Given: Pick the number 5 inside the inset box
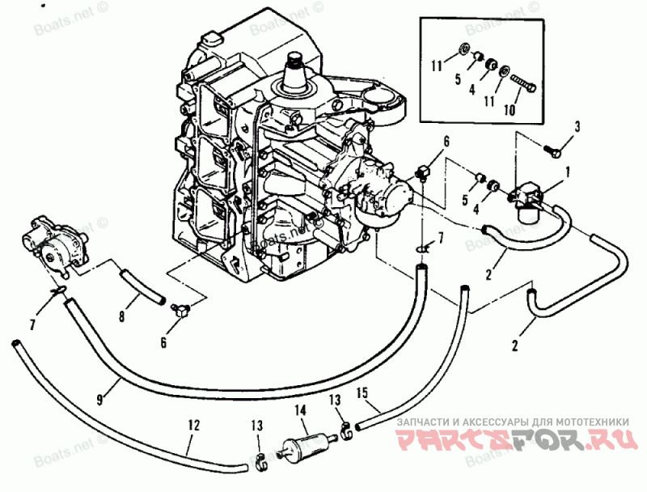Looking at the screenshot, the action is (457, 80).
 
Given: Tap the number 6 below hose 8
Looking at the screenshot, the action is (163, 342).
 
